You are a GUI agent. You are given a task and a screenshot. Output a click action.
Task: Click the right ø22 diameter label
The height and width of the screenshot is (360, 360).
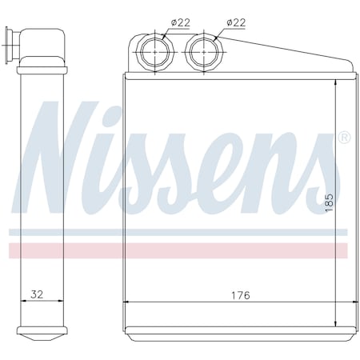pos(236,22)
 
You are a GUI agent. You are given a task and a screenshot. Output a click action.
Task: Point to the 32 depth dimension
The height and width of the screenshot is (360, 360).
pos(37,294)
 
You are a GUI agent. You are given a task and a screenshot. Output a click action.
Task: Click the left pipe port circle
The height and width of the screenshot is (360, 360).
pos(151,55)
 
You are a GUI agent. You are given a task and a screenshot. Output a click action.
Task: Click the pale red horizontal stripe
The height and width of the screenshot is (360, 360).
pos(176,250)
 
